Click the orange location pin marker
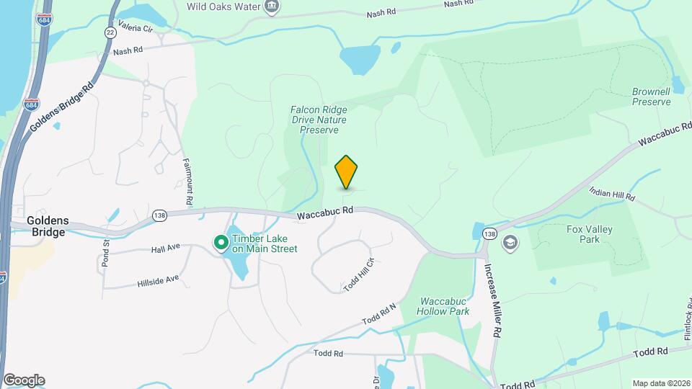click(x=347, y=172)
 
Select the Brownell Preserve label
click(x=651, y=97)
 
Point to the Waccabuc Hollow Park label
click(x=443, y=306)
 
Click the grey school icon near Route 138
click(x=510, y=242)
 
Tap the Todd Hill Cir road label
click(x=360, y=274)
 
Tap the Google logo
click(x=24, y=380)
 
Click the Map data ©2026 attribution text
click(x=660, y=383)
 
